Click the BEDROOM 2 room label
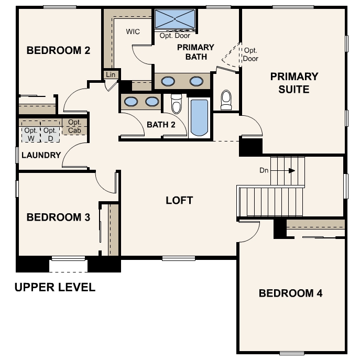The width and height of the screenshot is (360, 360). pyautogui.click(x=58, y=50)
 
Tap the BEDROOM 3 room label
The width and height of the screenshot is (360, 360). pyautogui.click(x=58, y=217)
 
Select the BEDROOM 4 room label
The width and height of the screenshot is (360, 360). pyautogui.click(x=291, y=293)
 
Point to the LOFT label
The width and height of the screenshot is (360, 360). pyautogui.click(x=179, y=200)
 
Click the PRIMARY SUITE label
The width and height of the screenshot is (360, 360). pyautogui.click(x=294, y=83)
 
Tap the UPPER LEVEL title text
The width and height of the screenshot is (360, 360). pyautogui.click(x=55, y=287)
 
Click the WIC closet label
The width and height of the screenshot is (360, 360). pyautogui.click(x=133, y=31)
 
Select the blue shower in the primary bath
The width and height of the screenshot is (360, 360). pyautogui.click(x=174, y=19)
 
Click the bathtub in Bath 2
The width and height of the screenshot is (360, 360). pyautogui.click(x=199, y=117)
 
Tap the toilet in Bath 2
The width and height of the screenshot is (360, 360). pyautogui.click(x=176, y=104)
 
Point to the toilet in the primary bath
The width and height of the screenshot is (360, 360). pyautogui.click(x=226, y=100)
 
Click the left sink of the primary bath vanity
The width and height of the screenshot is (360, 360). pyautogui.click(x=168, y=81)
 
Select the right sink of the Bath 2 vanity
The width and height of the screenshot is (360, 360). pyautogui.click(x=152, y=102)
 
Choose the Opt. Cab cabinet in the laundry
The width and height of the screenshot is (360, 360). pyautogui.click(x=74, y=126)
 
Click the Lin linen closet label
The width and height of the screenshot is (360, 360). pyautogui.click(x=111, y=74)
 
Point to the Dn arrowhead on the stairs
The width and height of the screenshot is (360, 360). pyautogui.click(x=292, y=171)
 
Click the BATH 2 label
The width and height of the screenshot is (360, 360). pyautogui.click(x=161, y=125)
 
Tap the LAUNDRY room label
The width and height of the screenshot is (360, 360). pyautogui.click(x=41, y=155)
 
